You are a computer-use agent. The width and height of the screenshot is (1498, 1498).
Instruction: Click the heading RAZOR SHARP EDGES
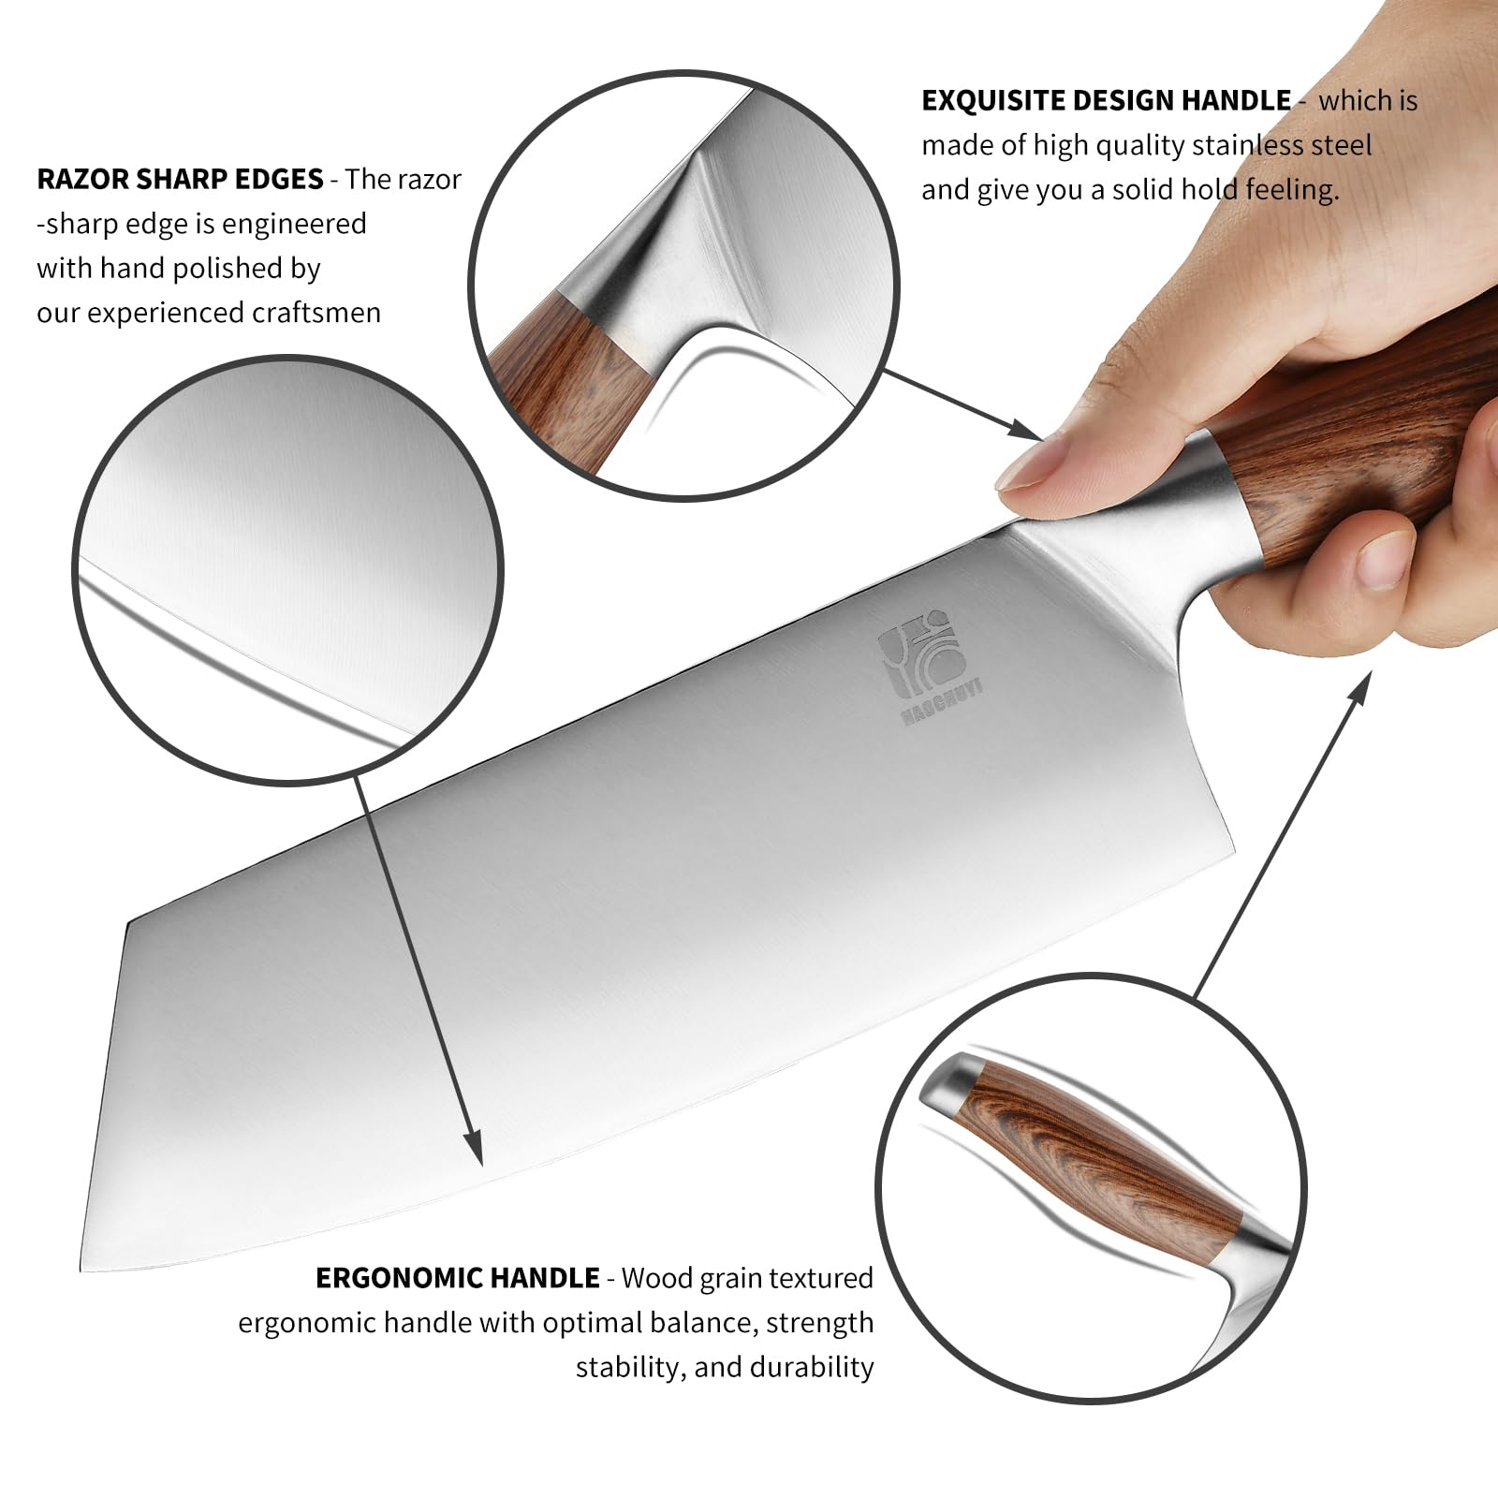point(180,178)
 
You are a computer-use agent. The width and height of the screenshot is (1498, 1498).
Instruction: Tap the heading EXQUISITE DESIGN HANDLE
point(1106,100)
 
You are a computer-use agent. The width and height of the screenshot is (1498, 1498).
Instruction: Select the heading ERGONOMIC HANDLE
point(458,1277)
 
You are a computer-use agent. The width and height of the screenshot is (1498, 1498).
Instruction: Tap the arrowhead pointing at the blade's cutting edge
point(474,1148)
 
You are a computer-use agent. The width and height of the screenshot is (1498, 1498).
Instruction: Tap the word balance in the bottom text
point(694,1322)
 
